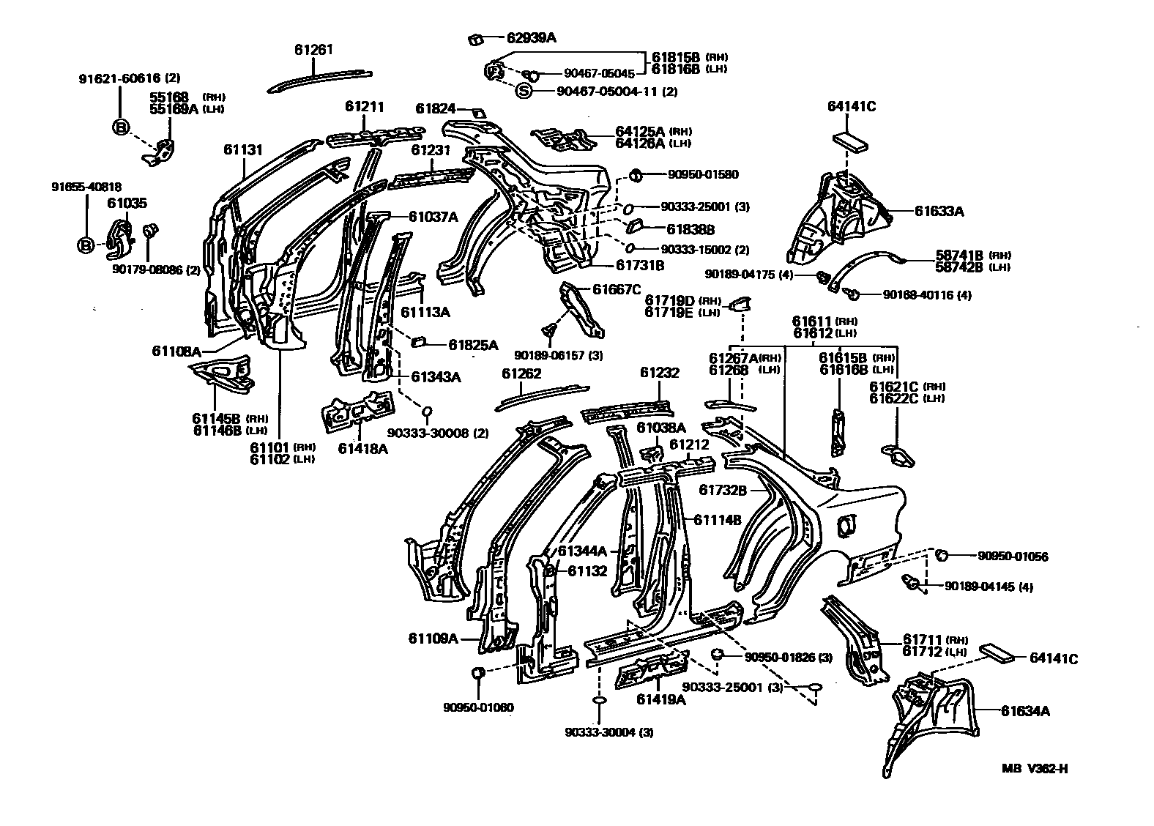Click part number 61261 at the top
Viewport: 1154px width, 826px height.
coord(313,50)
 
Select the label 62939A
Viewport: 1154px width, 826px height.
coord(531,37)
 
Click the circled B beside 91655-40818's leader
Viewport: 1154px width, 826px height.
coord(86,245)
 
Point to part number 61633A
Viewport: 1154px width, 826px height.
coord(939,212)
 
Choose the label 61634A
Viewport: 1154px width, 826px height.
coord(1025,710)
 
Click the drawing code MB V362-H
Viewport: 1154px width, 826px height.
coord(1034,768)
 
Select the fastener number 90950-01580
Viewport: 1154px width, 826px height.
coord(702,174)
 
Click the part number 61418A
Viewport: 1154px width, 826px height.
coord(362,448)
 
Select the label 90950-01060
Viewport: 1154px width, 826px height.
coord(478,707)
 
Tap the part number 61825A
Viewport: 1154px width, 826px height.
coord(473,344)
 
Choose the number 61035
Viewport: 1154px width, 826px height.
coord(127,202)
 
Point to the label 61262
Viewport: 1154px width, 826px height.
coord(521,373)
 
